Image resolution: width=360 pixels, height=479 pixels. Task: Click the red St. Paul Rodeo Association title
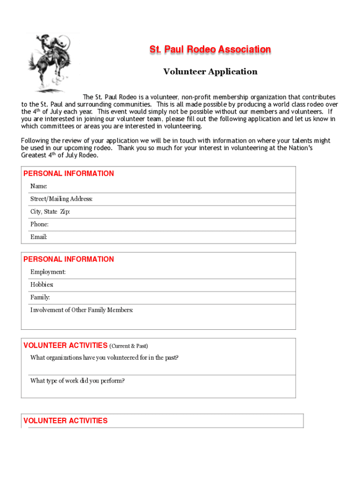(210, 50)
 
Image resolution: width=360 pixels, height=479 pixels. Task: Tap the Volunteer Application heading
(210, 72)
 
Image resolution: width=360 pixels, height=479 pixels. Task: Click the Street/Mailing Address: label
(61, 199)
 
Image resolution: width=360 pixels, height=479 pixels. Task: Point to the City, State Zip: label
(50, 212)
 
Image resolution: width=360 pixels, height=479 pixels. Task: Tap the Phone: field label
(39, 225)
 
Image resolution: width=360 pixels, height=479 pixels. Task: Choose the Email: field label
(39, 237)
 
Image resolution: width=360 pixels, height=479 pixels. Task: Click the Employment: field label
(48, 272)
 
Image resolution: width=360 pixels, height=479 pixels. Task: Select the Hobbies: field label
(42, 284)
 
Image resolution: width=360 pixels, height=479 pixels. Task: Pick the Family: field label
(40, 297)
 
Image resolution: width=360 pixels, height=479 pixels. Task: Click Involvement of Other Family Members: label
(82, 310)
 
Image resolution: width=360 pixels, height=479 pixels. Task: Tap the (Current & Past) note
(128, 346)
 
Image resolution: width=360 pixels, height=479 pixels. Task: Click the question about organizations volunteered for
(104, 358)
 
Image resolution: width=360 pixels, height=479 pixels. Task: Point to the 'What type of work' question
(78, 381)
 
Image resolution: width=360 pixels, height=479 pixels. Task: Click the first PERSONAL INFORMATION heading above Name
(69, 174)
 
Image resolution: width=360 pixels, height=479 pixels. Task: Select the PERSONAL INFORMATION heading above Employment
(69, 259)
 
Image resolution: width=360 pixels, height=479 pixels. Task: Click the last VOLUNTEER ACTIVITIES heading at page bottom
(65, 421)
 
